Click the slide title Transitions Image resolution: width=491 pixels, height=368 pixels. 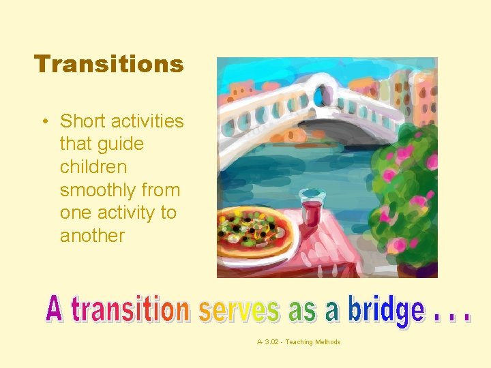(109, 64)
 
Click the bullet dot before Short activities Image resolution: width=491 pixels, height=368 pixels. (44, 122)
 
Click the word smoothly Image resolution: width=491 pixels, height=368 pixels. (95, 190)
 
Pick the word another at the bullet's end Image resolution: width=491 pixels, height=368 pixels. (92, 236)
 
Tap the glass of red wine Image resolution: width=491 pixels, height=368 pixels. (310, 208)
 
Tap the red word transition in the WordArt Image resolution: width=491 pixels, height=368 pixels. (130, 310)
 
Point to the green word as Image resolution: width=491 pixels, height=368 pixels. (303, 312)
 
